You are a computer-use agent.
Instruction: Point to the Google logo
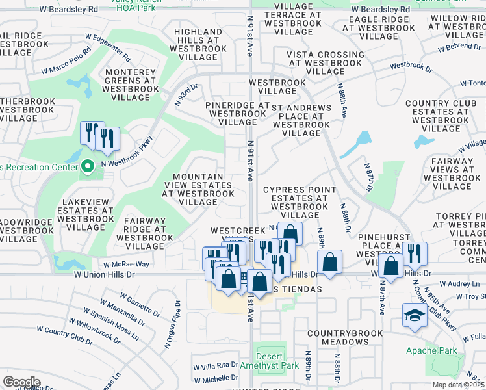pyautogui.click(x=21, y=382)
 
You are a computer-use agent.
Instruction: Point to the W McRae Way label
pyautogui.click(x=126, y=265)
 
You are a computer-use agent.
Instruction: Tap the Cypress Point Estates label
pyautogui.click(x=300, y=201)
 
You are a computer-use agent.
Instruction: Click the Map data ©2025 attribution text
pyautogui.click(x=459, y=385)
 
